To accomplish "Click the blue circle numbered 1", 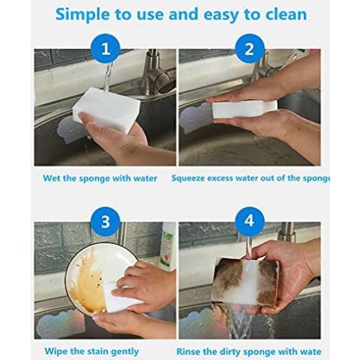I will [106, 49].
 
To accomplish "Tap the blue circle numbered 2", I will [250, 49].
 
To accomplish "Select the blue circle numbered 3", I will [106, 221].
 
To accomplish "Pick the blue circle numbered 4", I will [250, 221].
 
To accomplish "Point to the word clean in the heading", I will [283, 14].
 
